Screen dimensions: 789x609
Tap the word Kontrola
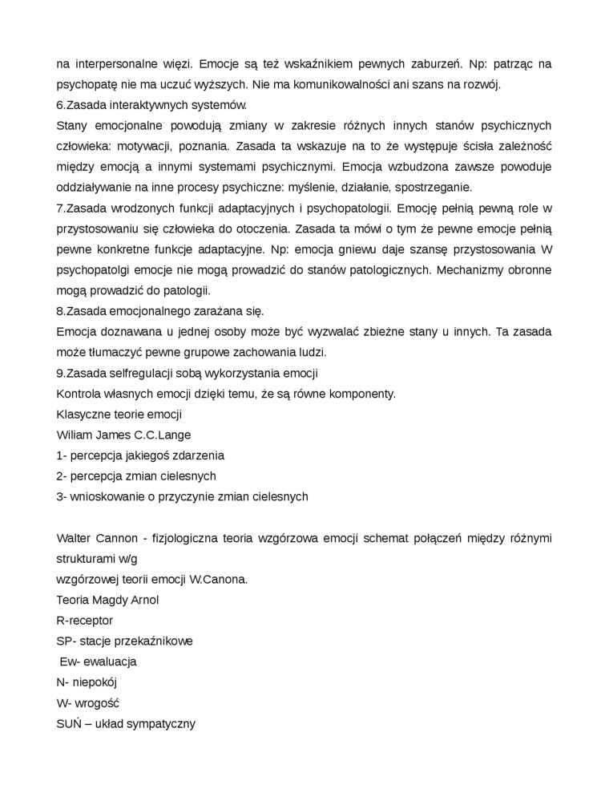(x=80, y=394)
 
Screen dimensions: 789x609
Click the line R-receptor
(x=85, y=621)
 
